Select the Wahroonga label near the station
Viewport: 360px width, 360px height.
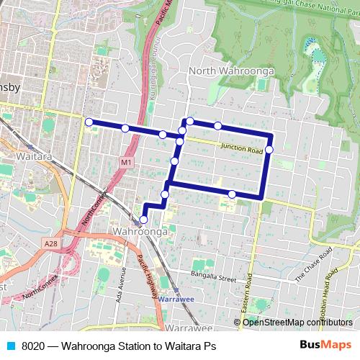[x=140, y=232]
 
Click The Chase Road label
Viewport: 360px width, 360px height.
[x=312, y=271]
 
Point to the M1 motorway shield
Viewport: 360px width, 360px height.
[x=127, y=163]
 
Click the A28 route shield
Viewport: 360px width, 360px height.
[x=50, y=244]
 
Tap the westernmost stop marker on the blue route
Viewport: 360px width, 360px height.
[x=89, y=122]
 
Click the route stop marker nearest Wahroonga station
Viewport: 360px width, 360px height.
[x=143, y=219]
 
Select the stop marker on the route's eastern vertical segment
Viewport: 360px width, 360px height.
[x=269, y=150]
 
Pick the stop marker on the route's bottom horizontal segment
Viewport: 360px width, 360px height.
[x=232, y=194]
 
